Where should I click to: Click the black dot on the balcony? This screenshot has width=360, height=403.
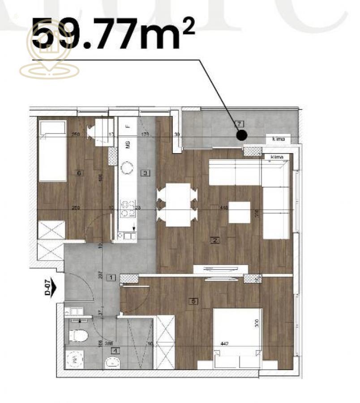pos(242,134)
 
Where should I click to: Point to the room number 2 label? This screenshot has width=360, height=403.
pos(215,240)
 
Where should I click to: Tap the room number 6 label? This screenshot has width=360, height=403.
pos(79,174)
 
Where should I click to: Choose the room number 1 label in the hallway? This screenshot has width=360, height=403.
pos(112,278)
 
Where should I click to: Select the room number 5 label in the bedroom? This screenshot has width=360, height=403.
pos(193,301)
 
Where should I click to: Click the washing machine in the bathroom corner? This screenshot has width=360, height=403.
pos(75,359)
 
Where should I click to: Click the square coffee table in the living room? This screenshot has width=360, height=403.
pos(240,212)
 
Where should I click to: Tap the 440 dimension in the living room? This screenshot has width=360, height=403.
pos(224,208)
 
